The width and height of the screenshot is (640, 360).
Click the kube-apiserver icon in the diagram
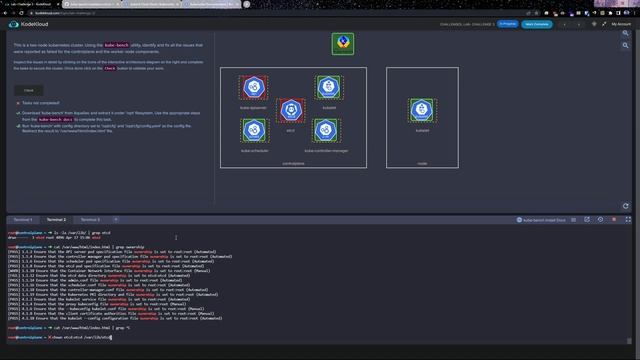pos(254,87)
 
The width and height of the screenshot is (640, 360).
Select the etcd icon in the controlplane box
pos(290,109)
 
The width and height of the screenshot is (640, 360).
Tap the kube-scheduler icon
pos(254,131)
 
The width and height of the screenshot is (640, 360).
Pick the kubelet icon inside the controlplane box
pos(327,87)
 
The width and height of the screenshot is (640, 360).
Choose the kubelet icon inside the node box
pos(422,109)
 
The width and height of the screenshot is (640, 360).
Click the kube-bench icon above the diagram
pos(342,45)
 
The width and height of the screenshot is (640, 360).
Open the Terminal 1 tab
pos(22,219)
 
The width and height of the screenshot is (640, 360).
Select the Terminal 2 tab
pos(56,219)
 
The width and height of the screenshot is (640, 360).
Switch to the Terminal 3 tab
pos(90,219)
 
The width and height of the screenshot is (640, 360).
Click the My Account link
pos(620,24)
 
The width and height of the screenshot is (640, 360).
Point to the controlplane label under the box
pos(293,162)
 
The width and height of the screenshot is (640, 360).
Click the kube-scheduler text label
pos(254,150)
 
